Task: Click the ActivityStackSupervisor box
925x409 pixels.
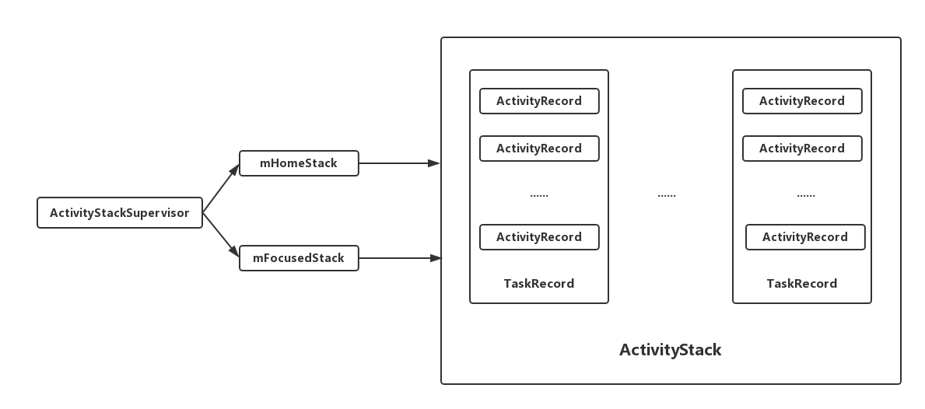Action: pyautogui.click(x=120, y=213)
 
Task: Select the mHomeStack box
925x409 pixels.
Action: pyautogui.click(x=299, y=163)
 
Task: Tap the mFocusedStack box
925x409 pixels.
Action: pyautogui.click(x=299, y=258)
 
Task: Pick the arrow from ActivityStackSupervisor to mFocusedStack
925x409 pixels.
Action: pyautogui.click(x=221, y=235)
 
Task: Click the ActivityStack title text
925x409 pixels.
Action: pyautogui.click(x=670, y=350)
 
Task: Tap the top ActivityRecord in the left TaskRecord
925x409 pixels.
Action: pyautogui.click(x=539, y=101)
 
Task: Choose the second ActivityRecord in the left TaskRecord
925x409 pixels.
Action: pyautogui.click(x=539, y=149)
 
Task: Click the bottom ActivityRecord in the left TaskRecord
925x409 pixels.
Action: pyautogui.click(x=539, y=237)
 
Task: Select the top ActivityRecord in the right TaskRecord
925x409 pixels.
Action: pyautogui.click(x=802, y=101)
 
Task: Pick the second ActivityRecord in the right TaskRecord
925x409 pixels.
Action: pyautogui.click(x=802, y=149)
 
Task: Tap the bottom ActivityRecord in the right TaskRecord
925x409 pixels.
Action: pyautogui.click(x=805, y=237)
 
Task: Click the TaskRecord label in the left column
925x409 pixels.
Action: pyautogui.click(x=539, y=284)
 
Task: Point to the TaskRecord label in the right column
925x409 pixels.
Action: pyautogui.click(x=802, y=284)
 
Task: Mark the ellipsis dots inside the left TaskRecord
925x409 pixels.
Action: pyautogui.click(x=539, y=195)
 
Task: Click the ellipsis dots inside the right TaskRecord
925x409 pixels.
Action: pyautogui.click(x=806, y=195)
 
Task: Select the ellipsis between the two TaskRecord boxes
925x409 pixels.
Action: pyautogui.click(x=667, y=195)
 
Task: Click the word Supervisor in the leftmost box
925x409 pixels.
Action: pyautogui.click(x=159, y=213)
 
